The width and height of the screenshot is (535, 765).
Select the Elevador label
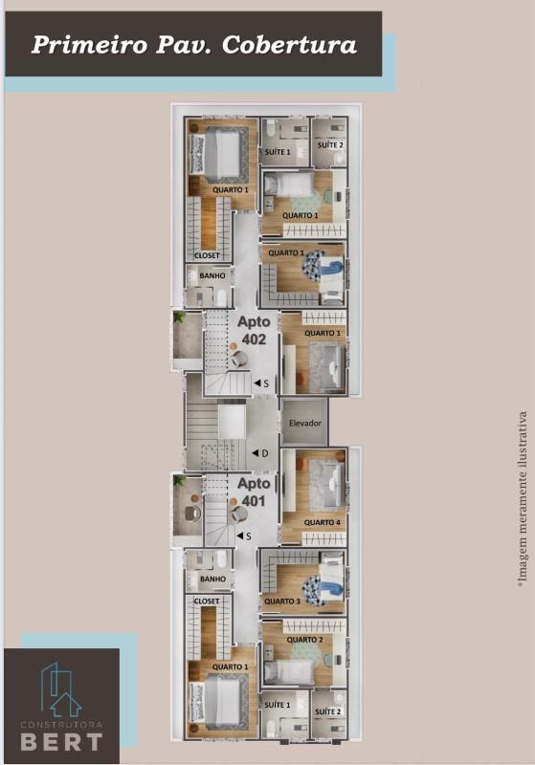[305, 423]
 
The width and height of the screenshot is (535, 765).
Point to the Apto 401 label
[254, 492]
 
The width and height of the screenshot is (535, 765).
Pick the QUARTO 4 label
[322, 522]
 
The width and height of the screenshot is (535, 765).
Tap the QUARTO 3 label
[282, 601]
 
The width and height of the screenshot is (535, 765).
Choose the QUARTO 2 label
[304, 640]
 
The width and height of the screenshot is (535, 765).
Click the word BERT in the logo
[60, 740]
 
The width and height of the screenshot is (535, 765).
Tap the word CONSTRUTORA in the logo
[60, 723]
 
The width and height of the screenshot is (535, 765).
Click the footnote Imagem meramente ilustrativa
[523, 497]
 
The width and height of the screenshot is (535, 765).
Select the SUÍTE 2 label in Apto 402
[330, 144]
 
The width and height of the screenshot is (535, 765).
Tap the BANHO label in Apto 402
[212, 276]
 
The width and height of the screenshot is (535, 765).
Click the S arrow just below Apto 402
[259, 383]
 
